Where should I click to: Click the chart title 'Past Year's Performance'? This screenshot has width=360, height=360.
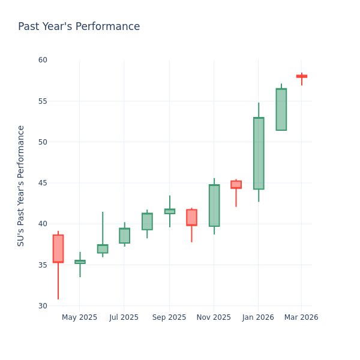pyautogui.click(x=79, y=27)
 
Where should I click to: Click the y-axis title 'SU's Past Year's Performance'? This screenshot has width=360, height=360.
pyautogui.click(x=21, y=185)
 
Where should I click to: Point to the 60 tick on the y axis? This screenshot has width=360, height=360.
pyautogui.click(x=42, y=60)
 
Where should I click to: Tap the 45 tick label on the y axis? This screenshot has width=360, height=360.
pyautogui.click(x=42, y=183)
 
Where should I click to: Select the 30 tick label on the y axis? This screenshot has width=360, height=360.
pyautogui.click(x=42, y=305)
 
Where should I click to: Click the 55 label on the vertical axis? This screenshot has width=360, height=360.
pyautogui.click(x=42, y=101)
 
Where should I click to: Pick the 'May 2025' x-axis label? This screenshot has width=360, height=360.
pyautogui.click(x=79, y=317)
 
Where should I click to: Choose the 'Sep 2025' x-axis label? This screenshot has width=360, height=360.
pyautogui.click(x=169, y=317)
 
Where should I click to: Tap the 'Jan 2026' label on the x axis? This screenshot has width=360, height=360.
pyautogui.click(x=258, y=317)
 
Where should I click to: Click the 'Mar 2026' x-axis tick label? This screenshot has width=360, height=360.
pyautogui.click(x=301, y=317)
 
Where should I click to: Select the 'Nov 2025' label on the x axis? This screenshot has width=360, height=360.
pyautogui.click(x=214, y=317)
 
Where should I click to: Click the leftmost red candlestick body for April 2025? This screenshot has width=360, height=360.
pyautogui.click(x=58, y=248)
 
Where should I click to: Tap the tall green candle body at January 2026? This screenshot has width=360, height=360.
pyautogui.click(x=259, y=154)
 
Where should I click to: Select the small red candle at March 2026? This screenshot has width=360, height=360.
pyautogui.click(x=301, y=76)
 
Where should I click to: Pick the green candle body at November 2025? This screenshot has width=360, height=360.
pyautogui.click(x=214, y=206)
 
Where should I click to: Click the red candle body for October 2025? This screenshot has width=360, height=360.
pyautogui.click(x=191, y=217)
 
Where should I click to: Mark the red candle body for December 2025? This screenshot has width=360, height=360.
pyautogui.click(x=236, y=185)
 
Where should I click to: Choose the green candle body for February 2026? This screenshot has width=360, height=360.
pyautogui.click(x=281, y=109)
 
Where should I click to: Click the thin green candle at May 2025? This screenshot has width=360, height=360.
pyautogui.click(x=80, y=262)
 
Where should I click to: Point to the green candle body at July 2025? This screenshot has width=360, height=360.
pyautogui.click(x=124, y=236)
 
